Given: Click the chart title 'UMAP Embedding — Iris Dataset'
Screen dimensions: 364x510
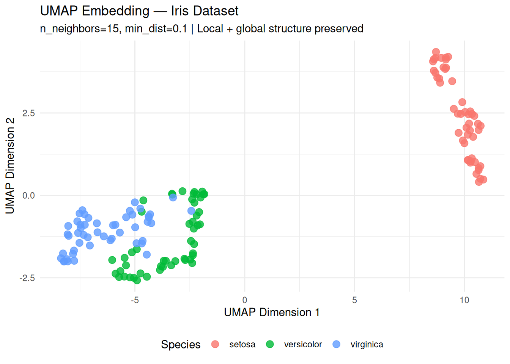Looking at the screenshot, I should tap(139, 11).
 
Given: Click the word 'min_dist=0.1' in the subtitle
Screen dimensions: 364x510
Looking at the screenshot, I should tap(156, 29).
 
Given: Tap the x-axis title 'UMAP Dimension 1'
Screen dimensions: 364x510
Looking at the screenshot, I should tap(272, 312).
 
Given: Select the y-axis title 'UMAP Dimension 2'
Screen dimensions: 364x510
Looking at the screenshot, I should tap(10, 166).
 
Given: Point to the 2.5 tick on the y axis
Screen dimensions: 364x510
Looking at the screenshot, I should tap(28, 113).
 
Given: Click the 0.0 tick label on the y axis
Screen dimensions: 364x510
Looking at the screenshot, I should tap(28, 196).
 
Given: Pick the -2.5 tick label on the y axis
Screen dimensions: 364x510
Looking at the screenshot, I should tap(27, 278).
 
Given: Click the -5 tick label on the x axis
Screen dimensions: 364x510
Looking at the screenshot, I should tap(135, 300).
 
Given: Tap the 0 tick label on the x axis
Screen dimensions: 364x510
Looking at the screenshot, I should tap(245, 300).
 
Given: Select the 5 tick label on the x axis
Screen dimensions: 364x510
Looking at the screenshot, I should tap(354, 300).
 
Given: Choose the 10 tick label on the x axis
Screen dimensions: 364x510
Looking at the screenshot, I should tap(464, 300).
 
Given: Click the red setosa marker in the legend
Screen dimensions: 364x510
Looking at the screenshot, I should tap(215, 344).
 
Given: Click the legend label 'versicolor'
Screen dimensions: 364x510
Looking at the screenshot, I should tap(303, 344).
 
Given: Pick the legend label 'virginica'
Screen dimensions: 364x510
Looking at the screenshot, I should tap(367, 344).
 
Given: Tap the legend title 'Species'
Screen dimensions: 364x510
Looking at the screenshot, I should tap(181, 344).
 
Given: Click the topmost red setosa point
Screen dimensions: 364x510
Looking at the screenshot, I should tap(436, 52).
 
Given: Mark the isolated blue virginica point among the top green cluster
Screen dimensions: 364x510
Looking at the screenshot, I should tap(173, 197).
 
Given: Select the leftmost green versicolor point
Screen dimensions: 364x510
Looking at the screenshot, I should tap(112, 260).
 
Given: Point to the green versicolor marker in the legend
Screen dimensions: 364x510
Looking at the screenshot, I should tap(270, 344).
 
